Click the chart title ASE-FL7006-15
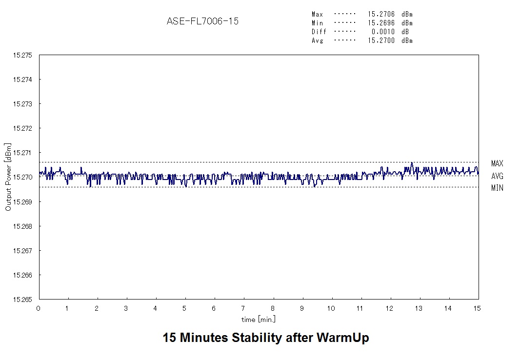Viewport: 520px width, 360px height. point(202,21)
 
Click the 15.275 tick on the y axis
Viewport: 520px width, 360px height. point(22,55)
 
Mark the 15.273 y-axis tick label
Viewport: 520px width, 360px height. point(22,104)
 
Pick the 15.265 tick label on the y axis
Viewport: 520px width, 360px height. point(22,300)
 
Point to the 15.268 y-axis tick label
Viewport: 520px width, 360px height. point(22,226)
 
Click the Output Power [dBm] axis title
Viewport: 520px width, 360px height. point(8,177)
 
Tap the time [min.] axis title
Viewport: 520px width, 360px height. point(259,320)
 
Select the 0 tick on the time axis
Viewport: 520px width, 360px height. point(39,308)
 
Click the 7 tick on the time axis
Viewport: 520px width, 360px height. point(243,308)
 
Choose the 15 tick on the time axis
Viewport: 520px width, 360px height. point(477,308)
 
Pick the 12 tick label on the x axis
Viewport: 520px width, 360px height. point(389,308)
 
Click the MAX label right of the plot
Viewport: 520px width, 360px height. point(497,163)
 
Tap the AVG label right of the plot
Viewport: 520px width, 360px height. point(497,176)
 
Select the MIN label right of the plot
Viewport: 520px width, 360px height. point(497,188)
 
